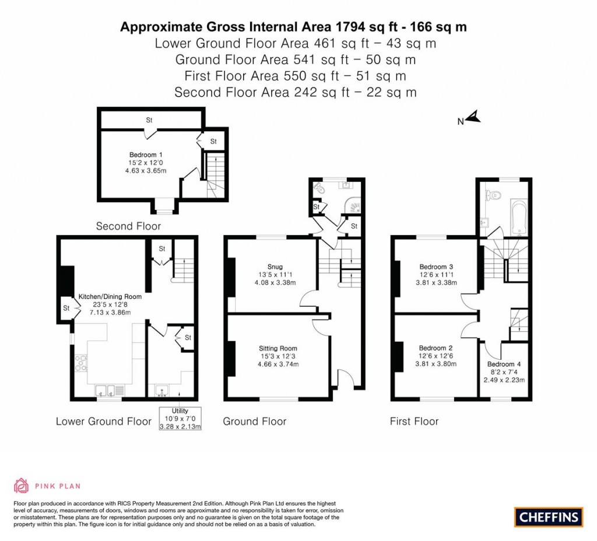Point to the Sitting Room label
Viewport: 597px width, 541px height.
(x=278, y=348)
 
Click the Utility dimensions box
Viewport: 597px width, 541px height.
(x=180, y=419)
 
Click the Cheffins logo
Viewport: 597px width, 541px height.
(x=549, y=517)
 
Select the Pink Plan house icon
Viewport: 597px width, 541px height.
(x=22, y=485)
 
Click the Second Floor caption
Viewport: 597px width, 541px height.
(x=128, y=226)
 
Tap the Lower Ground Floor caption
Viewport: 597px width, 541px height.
(x=103, y=421)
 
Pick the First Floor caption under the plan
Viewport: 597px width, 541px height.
(x=414, y=421)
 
